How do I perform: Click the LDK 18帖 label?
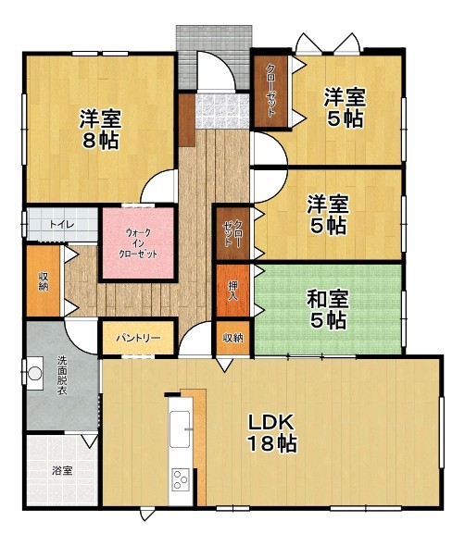272,433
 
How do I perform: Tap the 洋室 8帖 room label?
100,130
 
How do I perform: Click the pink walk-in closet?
138,243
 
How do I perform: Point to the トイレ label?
62,225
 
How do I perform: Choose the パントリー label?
138,338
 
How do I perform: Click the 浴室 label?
62,471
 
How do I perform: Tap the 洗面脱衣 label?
62,375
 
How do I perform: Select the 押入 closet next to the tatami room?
232,291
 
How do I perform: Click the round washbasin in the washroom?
35,374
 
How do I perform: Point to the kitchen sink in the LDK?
180,429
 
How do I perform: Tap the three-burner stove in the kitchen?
182,480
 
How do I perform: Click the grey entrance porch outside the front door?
214,56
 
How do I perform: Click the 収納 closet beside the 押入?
232,338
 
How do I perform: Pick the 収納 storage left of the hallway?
44,281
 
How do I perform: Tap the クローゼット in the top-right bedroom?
270,92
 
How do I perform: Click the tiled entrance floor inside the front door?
222,111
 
